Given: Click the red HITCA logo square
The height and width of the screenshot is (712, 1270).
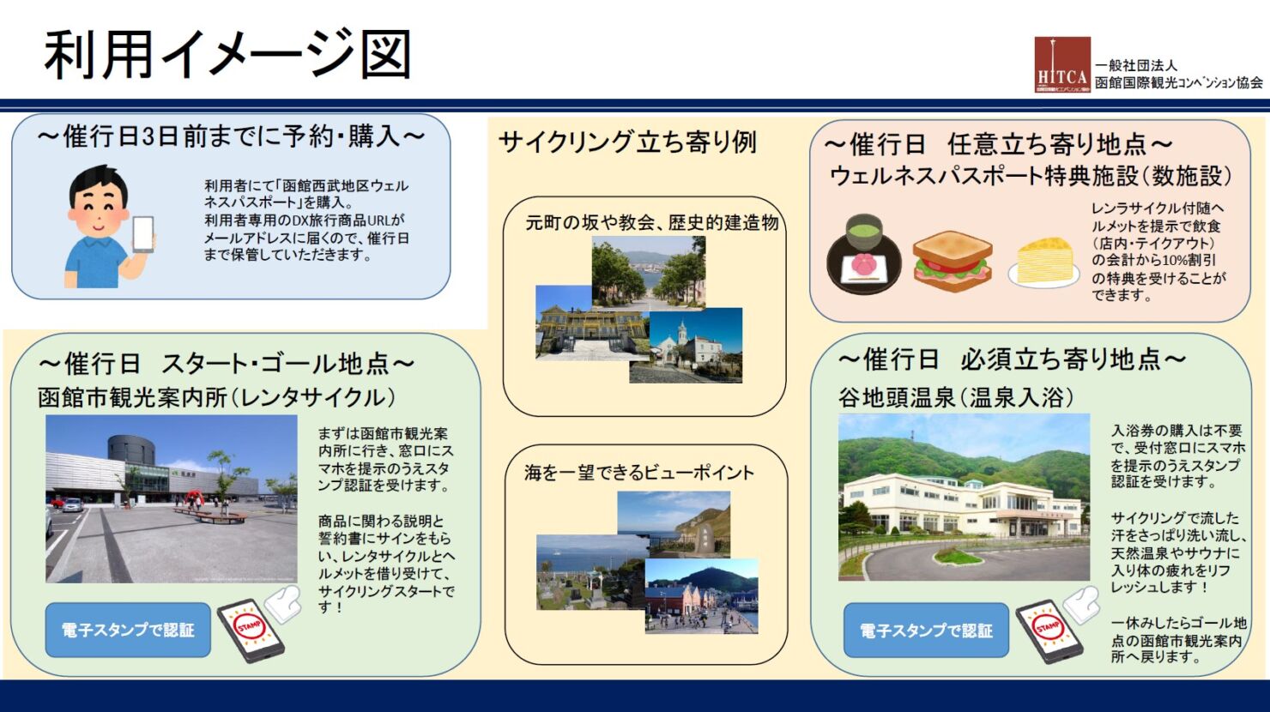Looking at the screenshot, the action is tap(1062, 64).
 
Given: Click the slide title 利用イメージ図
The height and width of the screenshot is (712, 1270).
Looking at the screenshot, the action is tap(228, 56).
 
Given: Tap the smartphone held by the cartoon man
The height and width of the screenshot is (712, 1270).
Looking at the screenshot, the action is tap(142, 234).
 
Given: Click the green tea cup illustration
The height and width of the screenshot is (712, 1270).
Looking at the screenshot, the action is tap(864, 232).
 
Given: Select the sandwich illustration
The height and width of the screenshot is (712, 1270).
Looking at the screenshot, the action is tap(952, 261).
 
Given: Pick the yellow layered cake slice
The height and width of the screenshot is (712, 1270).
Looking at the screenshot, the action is tap(1044, 262).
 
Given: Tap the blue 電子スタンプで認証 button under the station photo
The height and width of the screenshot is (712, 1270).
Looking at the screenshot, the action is tap(128, 630).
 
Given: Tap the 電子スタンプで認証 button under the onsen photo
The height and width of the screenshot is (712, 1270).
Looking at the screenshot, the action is tap(927, 630).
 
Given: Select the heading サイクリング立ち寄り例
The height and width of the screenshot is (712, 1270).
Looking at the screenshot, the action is tap(627, 142).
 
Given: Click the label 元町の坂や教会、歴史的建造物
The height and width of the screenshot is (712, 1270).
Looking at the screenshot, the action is tap(652, 223).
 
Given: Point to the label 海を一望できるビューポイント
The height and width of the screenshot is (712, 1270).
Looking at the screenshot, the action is tap(639, 472).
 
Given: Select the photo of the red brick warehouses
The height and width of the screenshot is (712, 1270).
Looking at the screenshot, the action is tap(702, 596).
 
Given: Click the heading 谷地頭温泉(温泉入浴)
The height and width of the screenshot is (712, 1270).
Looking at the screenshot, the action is tap(956, 397).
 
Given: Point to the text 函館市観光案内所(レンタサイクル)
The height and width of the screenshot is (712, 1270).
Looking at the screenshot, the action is tap(216, 397).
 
